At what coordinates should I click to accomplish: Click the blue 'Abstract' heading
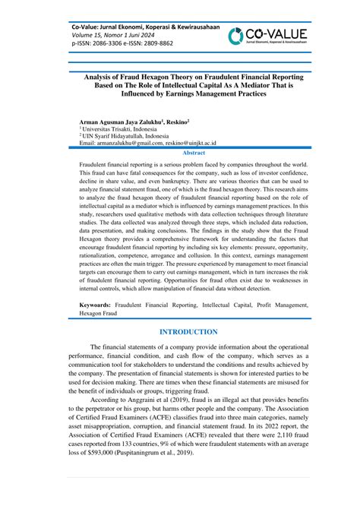[x=180, y=152]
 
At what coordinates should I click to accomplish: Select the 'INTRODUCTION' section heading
[x=180, y=332]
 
